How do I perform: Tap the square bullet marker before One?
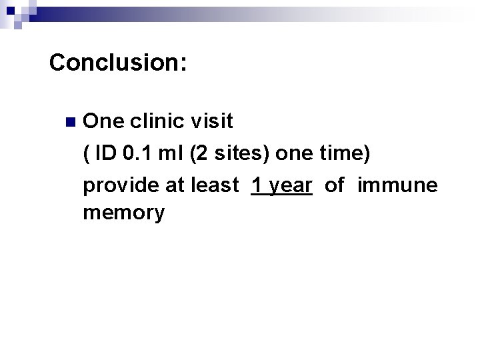(70, 122)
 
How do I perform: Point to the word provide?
(119, 185)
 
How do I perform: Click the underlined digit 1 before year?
(257, 185)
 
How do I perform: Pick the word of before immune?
(335, 185)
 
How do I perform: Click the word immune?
(397, 185)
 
